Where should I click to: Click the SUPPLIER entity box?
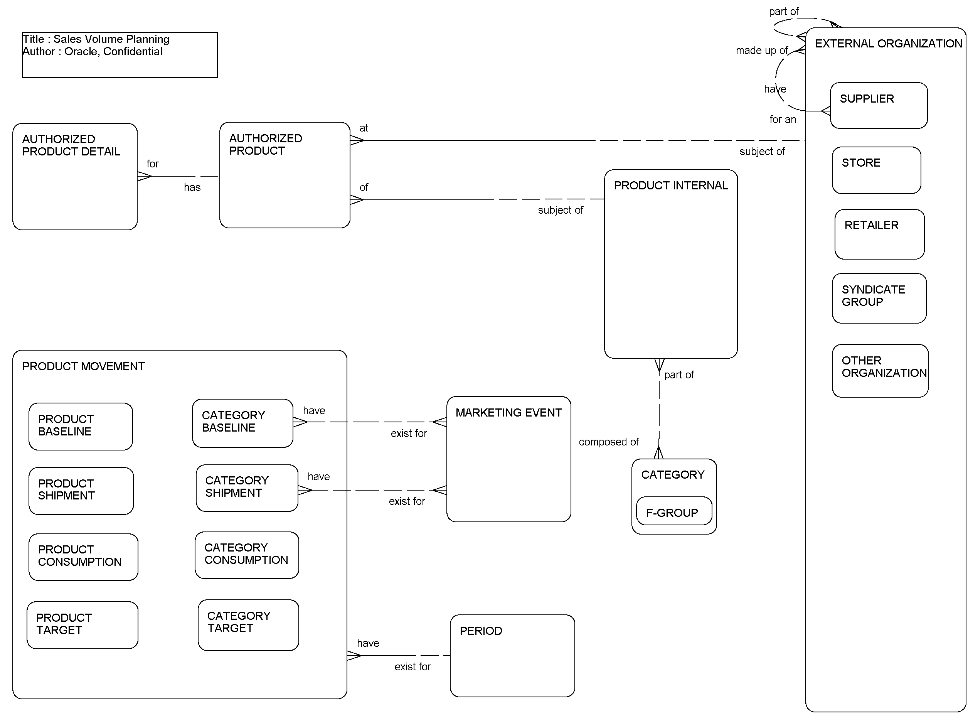coord(878,105)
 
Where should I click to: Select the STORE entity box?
coord(876,170)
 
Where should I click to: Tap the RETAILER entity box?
coord(879,234)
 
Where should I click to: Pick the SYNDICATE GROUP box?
coord(879,298)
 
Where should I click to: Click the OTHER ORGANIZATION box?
coord(879,371)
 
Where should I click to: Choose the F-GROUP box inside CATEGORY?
coord(673,511)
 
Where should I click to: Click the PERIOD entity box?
coord(512,656)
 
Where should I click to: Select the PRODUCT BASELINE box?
coord(80,427)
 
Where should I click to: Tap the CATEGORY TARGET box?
coord(248,625)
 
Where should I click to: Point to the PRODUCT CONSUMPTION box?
coord(83,557)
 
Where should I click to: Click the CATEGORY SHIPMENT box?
coord(247,488)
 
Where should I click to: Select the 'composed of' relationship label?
coord(608,442)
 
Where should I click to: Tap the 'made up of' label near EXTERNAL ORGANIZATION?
coord(761,51)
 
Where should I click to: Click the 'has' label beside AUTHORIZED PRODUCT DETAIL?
coord(192,187)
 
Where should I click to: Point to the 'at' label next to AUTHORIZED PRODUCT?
coord(364,128)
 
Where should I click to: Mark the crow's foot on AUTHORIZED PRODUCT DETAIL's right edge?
coord(144,176)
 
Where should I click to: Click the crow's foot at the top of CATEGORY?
coord(658,453)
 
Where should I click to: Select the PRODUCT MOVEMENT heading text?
coord(83,366)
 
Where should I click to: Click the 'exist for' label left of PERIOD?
coord(412,666)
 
